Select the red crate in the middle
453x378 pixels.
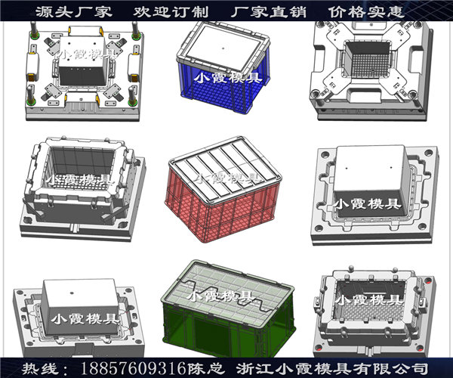pos(223,190)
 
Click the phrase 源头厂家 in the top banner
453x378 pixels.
pos(74,12)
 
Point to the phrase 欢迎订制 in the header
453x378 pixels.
pos(171,12)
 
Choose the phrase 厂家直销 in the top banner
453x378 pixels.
pos(268,12)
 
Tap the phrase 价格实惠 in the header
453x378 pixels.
pos(366,12)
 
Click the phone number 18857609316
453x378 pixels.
pos(133,368)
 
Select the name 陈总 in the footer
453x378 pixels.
pos(206,368)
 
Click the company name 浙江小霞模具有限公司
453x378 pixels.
pos(332,368)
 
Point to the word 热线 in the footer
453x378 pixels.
pos(41,368)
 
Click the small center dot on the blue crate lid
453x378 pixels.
pos(223,48)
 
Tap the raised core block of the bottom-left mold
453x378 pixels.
pos(82,306)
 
